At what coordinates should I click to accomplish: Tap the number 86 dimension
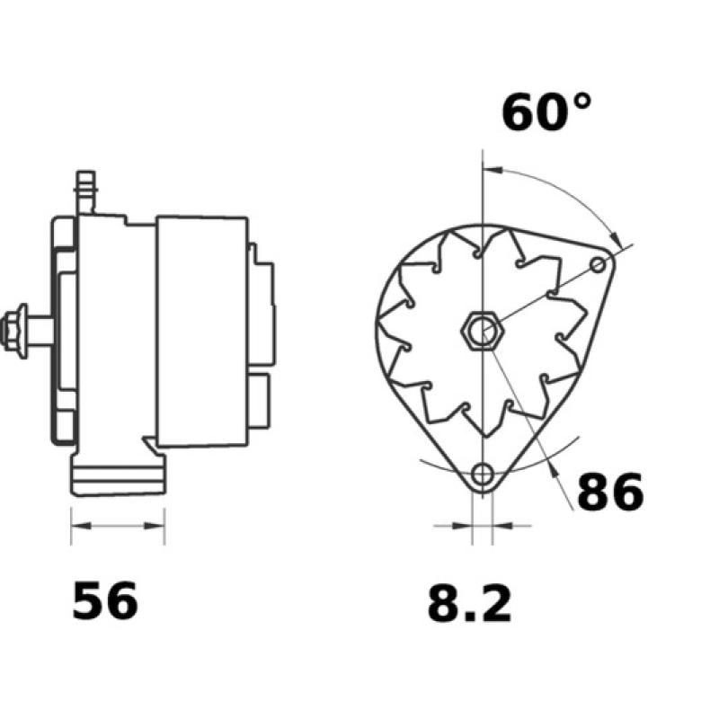pos(610,492)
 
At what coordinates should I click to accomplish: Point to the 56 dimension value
pos(105,601)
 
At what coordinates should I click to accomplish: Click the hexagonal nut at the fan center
pos(483,331)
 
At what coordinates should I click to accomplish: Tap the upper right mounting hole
pos(599,263)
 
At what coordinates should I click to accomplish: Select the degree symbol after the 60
pos(581,101)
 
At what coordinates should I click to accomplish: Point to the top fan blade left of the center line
pos(458,247)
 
